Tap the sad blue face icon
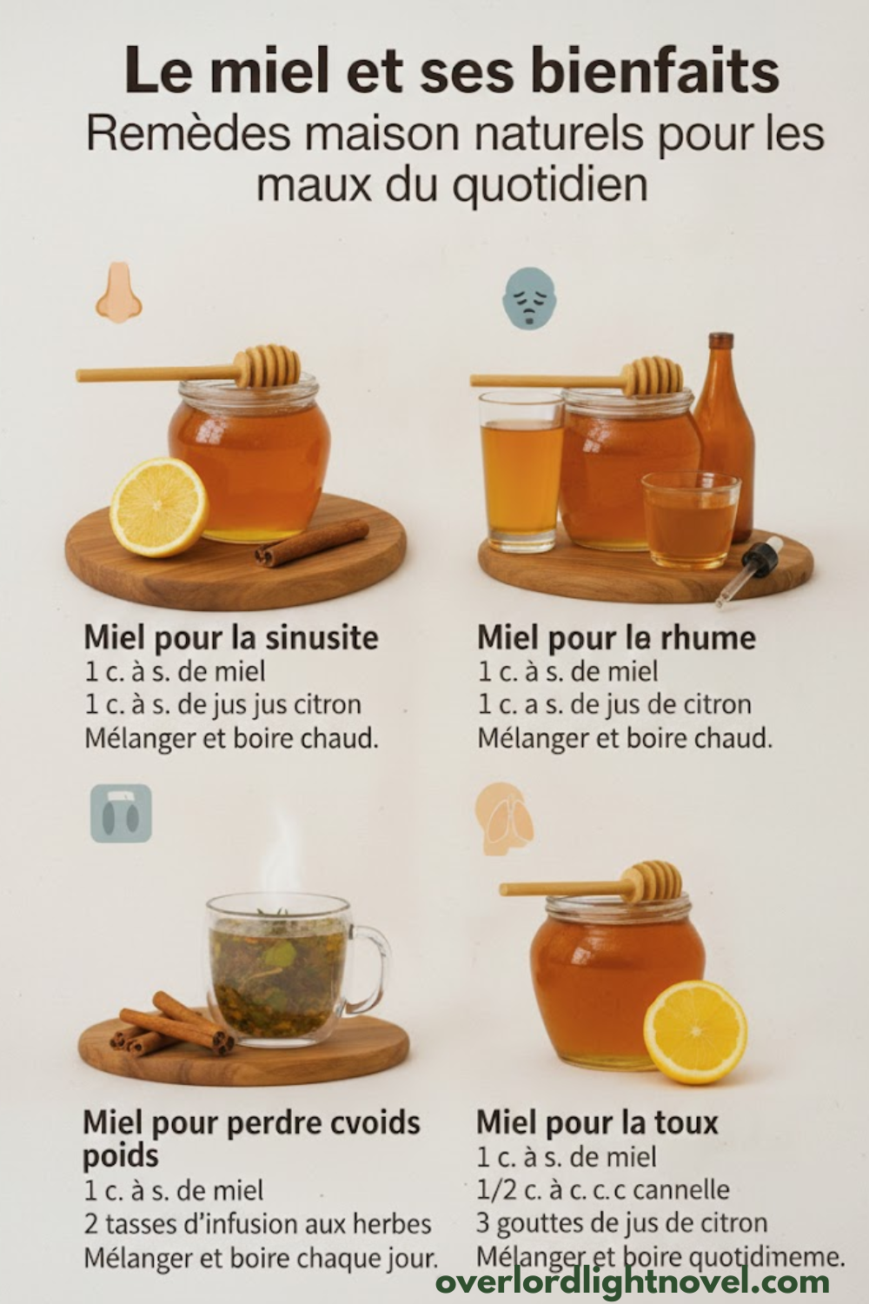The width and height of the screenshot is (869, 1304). [528, 297]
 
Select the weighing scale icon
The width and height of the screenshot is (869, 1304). [121, 813]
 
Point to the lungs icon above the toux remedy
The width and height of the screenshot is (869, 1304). [504, 811]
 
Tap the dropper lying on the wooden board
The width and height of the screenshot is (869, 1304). [750, 571]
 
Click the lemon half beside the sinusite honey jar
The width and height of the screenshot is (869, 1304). [159, 507]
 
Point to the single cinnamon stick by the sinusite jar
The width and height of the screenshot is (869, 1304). [312, 542]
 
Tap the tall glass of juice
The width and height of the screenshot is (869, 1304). [521, 472]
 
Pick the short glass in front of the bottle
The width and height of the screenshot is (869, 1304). [690, 520]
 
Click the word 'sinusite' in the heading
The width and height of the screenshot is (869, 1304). [322, 637]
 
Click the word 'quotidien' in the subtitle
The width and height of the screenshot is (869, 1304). [550, 185]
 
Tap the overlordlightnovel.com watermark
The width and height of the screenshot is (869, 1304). [632, 1281]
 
